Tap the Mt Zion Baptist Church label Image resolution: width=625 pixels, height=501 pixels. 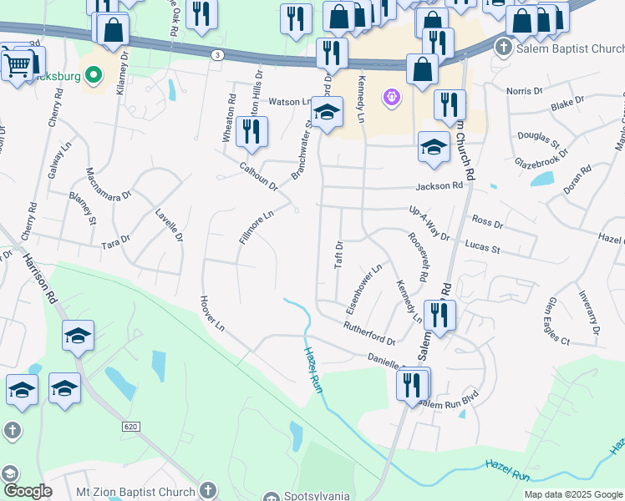136,490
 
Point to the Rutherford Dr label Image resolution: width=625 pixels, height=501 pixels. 368,333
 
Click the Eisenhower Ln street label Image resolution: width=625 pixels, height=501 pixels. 363,289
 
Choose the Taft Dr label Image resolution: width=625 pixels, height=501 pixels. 339,255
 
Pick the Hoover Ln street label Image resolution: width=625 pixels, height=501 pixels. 212,311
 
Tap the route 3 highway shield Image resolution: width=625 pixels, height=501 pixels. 217,54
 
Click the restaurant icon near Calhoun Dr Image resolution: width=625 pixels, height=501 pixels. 250,131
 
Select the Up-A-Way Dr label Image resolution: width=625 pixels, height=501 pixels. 429,224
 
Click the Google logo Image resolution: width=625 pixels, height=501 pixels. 28,491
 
